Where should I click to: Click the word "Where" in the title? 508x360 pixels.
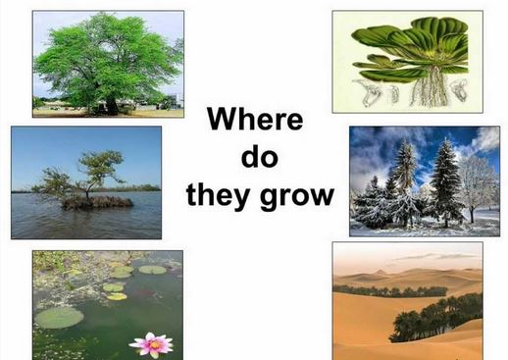pyautogui.click(x=254, y=120)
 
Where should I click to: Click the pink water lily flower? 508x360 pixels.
pyautogui.click(x=151, y=343)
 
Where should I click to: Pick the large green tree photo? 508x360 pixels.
pyautogui.click(x=108, y=63)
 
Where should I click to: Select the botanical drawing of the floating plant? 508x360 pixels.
pyautogui.click(x=407, y=61)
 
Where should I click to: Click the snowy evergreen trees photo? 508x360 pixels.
pyautogui.click(x=424, y=180)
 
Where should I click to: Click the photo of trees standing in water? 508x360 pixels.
pyautogui.click(x=86, y=181)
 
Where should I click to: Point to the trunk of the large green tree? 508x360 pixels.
pyautogui.click(x=111, y=100)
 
